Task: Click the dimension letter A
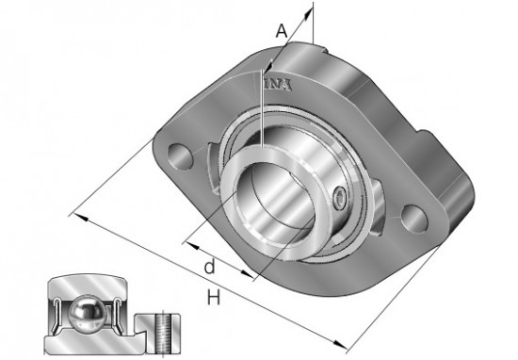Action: pos(282,31)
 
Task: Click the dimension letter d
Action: pos(210,266)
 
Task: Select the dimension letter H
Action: pos(214,297)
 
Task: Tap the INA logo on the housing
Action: pos(278,85)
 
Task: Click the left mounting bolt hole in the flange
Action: pos(180,156)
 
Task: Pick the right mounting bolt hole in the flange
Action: pos(414,219)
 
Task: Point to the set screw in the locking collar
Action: pos(339,198)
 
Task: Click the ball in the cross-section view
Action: pos(87,311)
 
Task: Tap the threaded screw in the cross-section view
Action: pos(163,334)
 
